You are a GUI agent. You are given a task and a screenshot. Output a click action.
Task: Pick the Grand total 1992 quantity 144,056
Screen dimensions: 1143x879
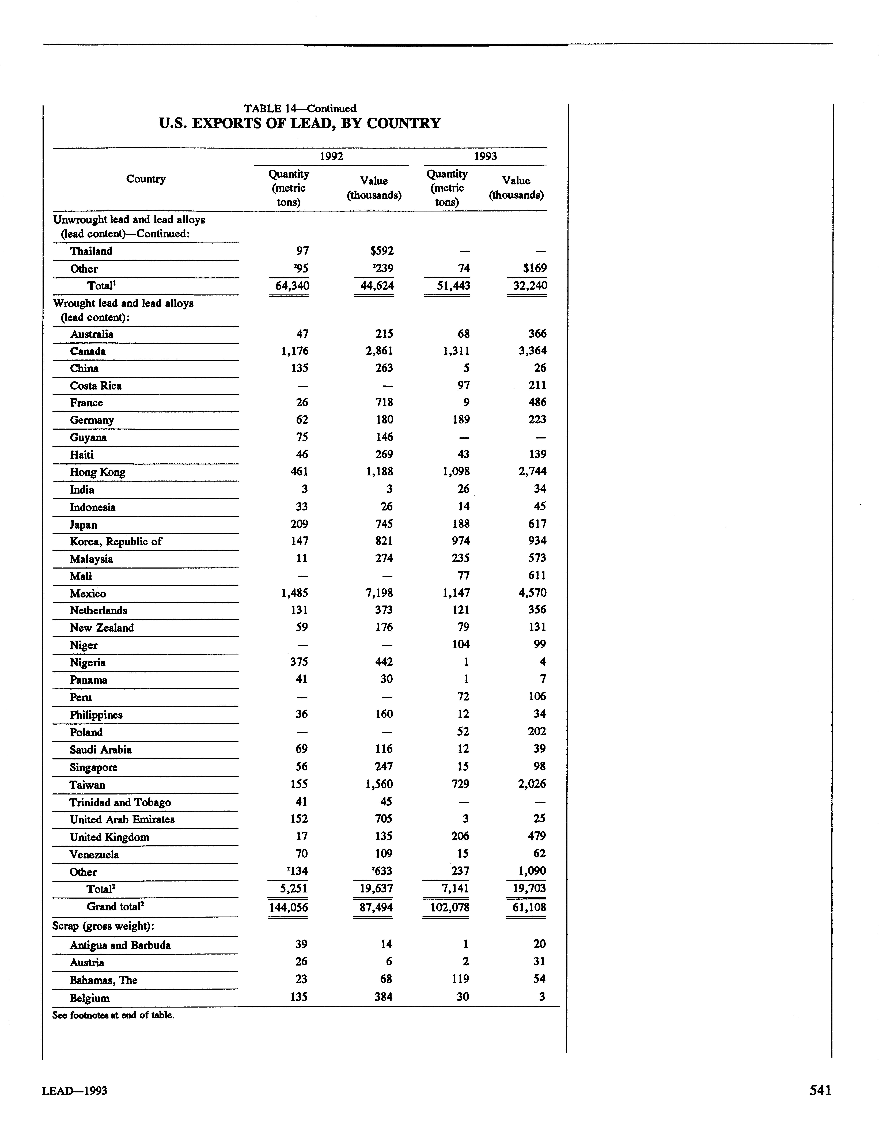tap(288, 907)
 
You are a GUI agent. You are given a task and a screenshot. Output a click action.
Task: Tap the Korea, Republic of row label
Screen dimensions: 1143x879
tap(116, 541)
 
